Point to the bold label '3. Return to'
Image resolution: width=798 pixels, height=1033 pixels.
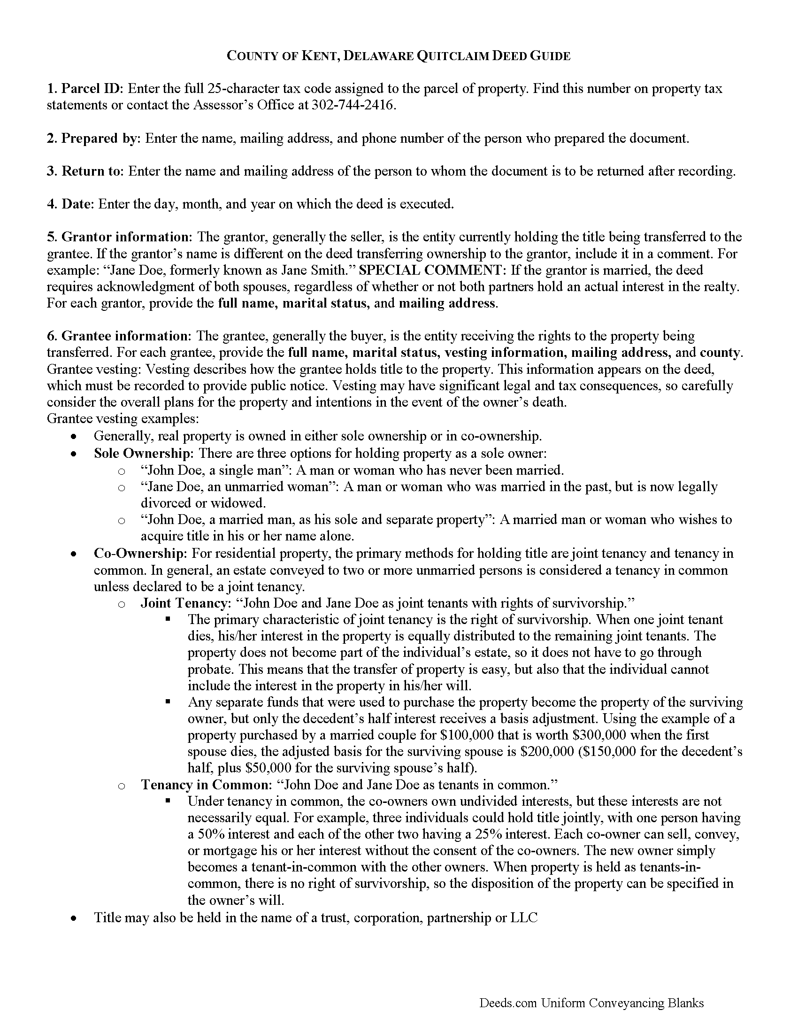(x=85, y=171)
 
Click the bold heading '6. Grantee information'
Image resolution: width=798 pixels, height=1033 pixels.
(x=118, y=336)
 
